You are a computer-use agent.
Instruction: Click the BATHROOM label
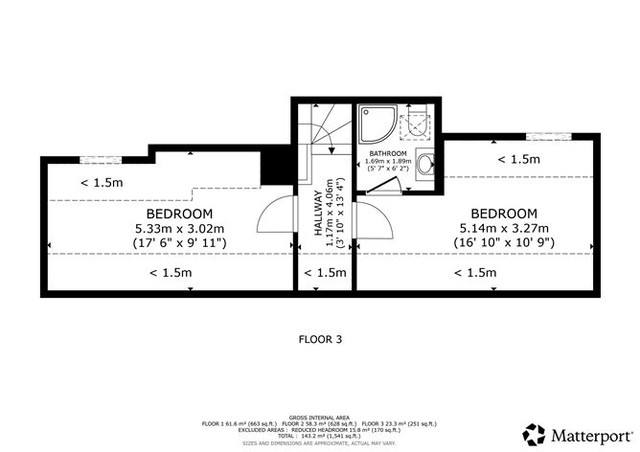point(389,153)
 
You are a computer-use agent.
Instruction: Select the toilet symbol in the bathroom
point(418,123)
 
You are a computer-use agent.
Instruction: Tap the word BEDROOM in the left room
point(179,213)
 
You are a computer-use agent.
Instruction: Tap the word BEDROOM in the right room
point(503,213)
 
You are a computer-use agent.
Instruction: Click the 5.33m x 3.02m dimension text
point(179,228)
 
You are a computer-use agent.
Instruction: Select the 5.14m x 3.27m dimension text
point(503,228)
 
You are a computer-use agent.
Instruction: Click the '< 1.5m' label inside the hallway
point(325,273)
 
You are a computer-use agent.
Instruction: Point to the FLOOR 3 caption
point(320,338)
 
